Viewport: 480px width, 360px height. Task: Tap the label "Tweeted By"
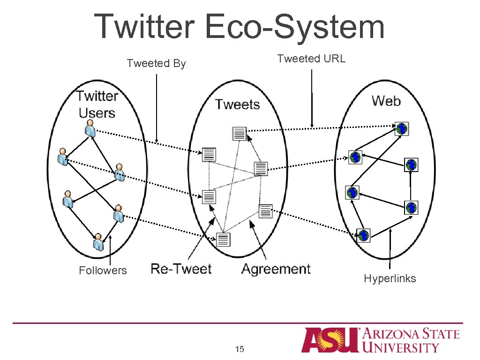(x=156, y=63)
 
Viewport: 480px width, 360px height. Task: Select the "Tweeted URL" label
(x=311, y=59)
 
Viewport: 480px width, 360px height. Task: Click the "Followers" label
(x=103, y=270)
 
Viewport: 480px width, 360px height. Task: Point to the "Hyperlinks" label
(x=390, y=278)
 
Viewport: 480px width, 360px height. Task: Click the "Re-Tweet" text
(x=181, y=269)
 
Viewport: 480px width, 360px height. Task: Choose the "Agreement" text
(x=276, y=269)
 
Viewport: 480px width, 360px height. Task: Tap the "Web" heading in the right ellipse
(x=386, y=100)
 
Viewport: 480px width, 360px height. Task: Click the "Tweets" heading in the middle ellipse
(x=237, y=104)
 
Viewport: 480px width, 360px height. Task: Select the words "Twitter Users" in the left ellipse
(x=97, y=104)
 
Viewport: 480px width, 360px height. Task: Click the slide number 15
(x=240, y=349)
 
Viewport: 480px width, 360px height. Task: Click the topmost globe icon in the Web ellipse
(x=402, y=128)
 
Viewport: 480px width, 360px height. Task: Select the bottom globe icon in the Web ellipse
(x=364, y=235)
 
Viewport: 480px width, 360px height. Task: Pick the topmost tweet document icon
(x=240, y=134)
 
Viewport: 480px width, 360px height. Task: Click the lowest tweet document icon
(x=224, y=240)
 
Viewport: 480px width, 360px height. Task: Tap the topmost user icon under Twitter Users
(x=90, y=127)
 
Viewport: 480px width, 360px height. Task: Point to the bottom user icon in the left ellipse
(x=98, y=242)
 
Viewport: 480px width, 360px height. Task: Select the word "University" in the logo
(x=401, y=347)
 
